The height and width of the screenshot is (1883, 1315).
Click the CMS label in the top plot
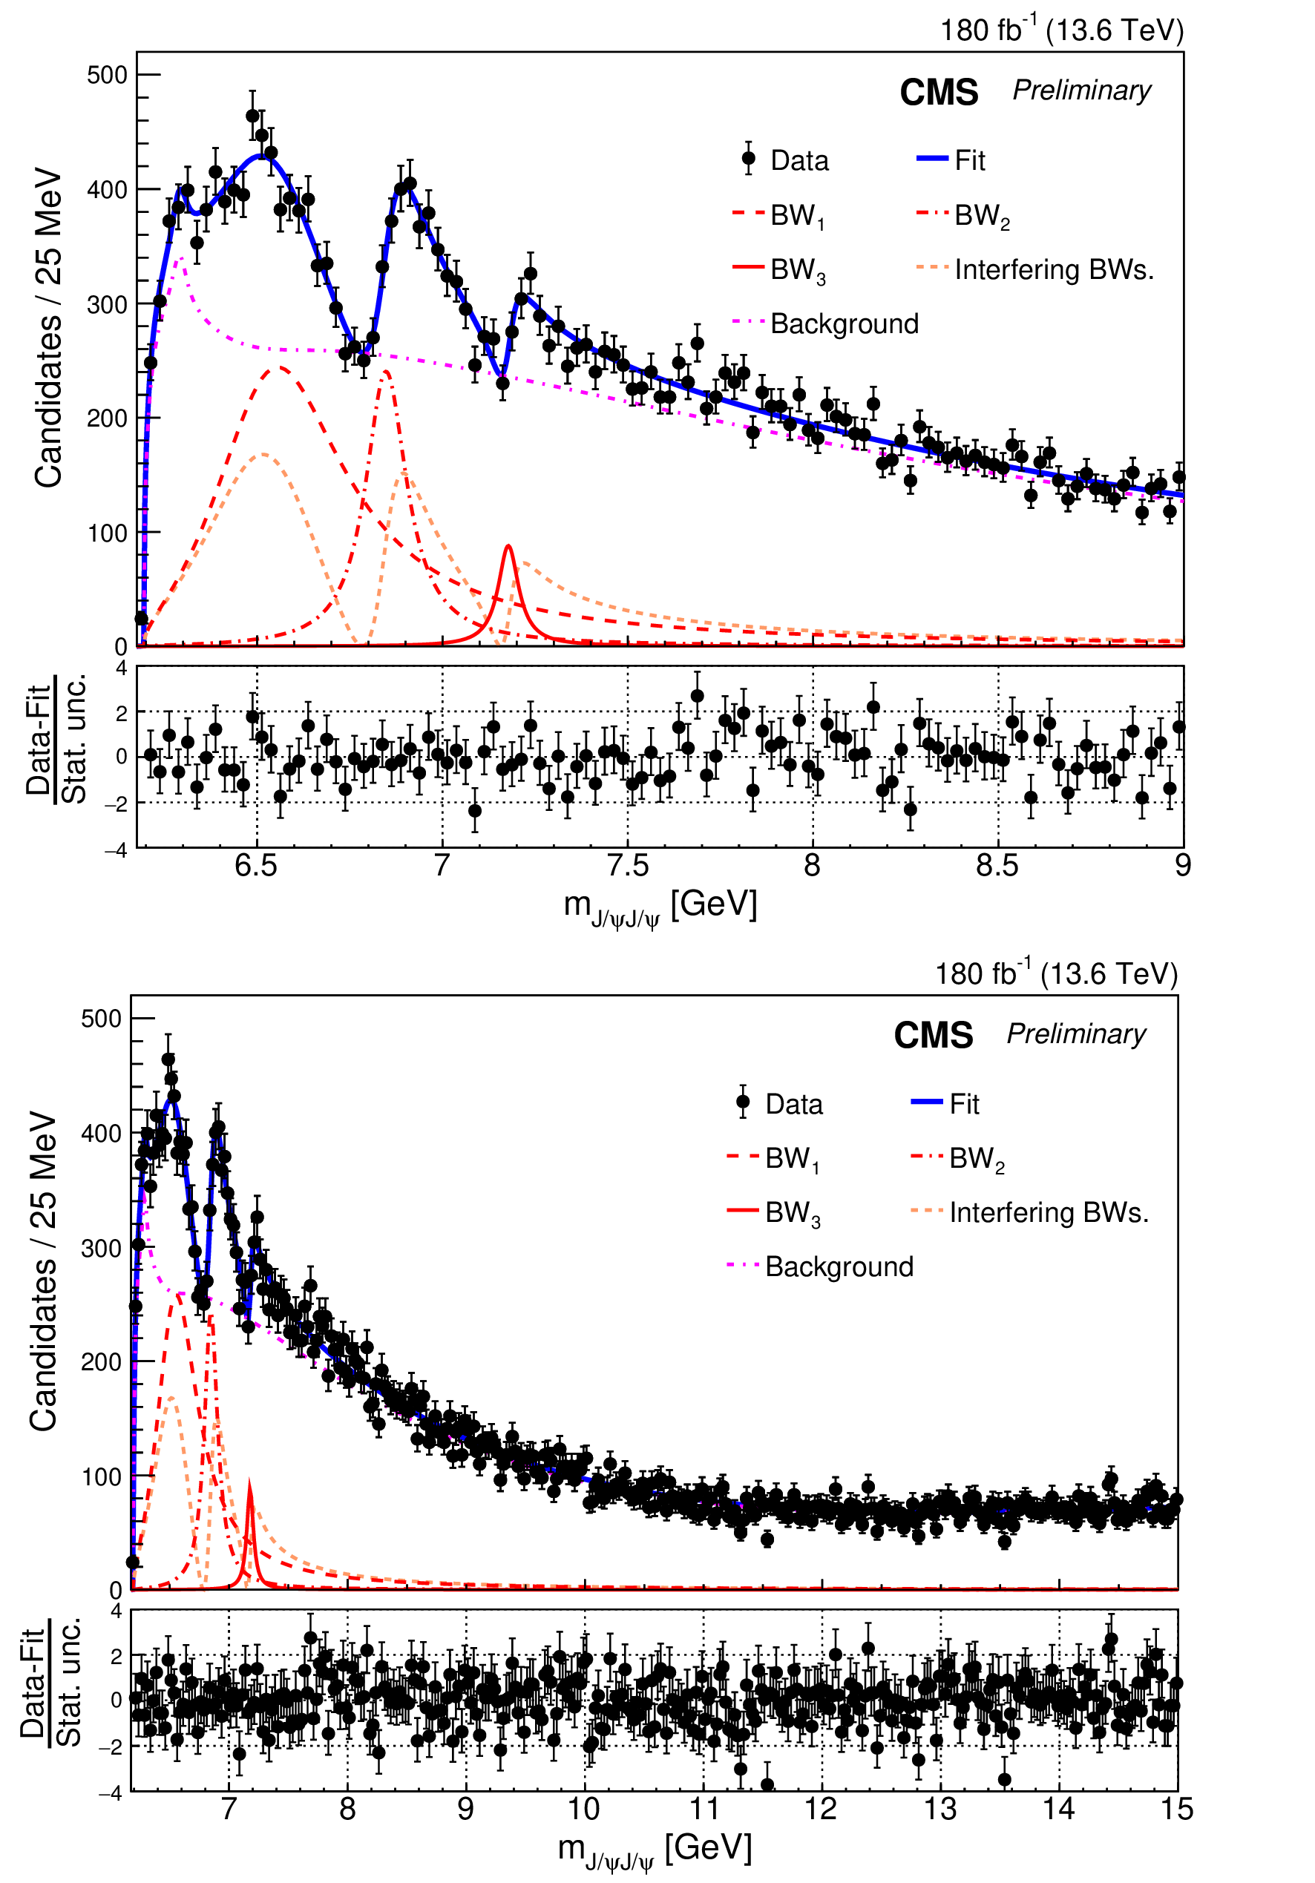point(939,93)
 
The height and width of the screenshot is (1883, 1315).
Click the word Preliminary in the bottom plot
point(1075,1034)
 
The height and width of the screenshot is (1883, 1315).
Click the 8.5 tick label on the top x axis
point(997,866)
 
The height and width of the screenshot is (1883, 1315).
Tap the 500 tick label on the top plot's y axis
point(108,76)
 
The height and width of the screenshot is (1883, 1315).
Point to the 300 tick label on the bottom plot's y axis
point(101,1248)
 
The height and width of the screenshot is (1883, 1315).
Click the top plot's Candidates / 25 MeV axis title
point(48,328)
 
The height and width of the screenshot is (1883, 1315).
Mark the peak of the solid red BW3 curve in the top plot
point(508,546)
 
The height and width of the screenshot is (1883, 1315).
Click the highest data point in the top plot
point(252,116)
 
